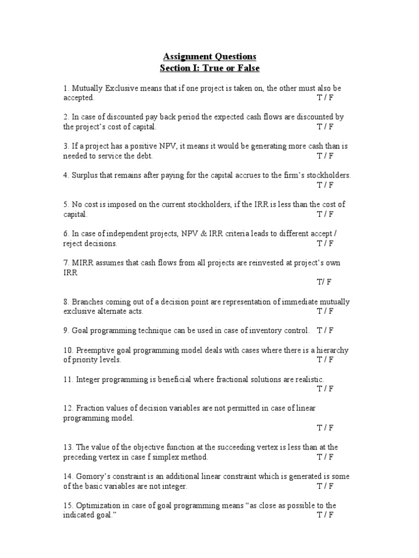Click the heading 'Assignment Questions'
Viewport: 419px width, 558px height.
[x=209, y=57]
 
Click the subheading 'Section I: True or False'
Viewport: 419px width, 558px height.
[x=209, y=68]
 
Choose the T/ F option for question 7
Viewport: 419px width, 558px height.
[x=324, y=282]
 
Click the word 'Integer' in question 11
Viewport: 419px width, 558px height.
[x=87, y=379]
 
